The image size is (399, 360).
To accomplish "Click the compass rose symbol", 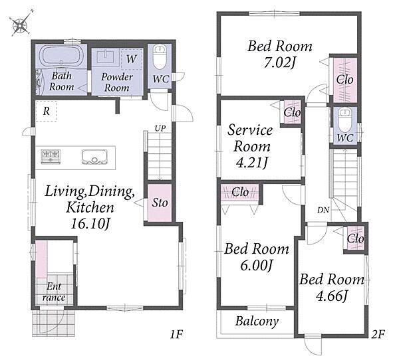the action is point(21,23).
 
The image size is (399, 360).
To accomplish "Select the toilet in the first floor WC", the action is point(160,57).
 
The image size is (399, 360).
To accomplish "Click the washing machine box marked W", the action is point(131,58).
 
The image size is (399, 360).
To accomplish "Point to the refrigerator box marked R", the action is point(46,111).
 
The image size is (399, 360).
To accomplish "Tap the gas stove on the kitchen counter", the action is point(51,157).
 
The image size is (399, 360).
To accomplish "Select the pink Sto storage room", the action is point(160,203).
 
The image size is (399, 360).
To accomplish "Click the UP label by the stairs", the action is point(160,129).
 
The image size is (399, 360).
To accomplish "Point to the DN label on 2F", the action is point(323,211).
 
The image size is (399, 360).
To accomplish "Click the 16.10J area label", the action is point(90,224).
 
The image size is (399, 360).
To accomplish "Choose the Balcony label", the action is point(257,321).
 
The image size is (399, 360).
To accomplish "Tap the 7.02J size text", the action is point(279,63).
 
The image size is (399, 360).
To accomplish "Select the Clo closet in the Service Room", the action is point(292,112).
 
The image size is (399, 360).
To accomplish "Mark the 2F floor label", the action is point(378,334).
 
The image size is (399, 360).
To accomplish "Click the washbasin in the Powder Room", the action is point(106,58).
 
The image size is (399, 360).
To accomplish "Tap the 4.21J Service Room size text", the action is point(251,163).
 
